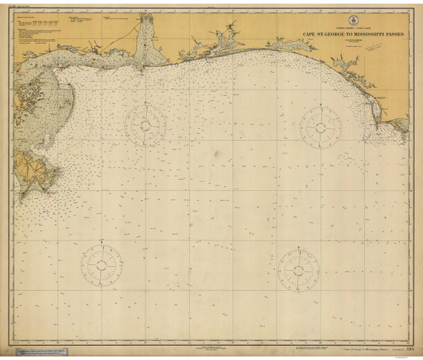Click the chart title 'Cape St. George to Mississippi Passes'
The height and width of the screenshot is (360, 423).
[x=345, y=33]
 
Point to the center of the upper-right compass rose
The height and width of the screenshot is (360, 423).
[x=321, y=128]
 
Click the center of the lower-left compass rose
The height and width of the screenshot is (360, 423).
[x=102, y=265]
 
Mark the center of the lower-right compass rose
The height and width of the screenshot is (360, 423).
[x=299, y=267]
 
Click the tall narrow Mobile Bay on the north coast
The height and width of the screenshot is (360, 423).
[x=145, y=39]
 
